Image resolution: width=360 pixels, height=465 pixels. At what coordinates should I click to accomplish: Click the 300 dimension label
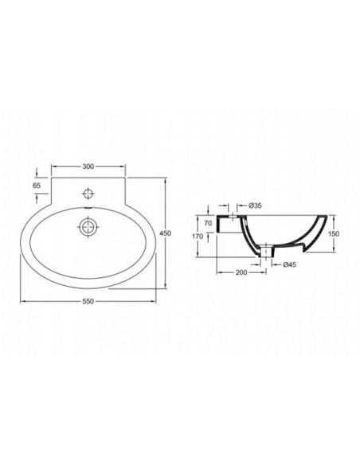pos(88,166)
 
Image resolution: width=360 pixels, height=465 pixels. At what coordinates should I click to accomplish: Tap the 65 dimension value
pos(37,186)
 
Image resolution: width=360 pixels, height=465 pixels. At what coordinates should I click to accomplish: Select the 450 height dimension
pos(165,233)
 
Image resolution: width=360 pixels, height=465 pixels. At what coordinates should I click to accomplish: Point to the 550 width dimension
pos(88,302)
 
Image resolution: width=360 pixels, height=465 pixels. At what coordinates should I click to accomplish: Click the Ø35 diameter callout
pos(256,205)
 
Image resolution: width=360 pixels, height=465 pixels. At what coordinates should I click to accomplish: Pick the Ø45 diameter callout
pos(289,264)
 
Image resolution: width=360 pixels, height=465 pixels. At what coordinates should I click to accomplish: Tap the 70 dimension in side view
pos(208,223)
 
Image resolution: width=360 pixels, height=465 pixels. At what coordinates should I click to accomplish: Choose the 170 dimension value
pos(198,236)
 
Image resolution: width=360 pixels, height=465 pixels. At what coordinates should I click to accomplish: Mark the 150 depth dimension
pos(334,234)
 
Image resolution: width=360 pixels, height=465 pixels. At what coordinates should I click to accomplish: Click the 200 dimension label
pos(241,272)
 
